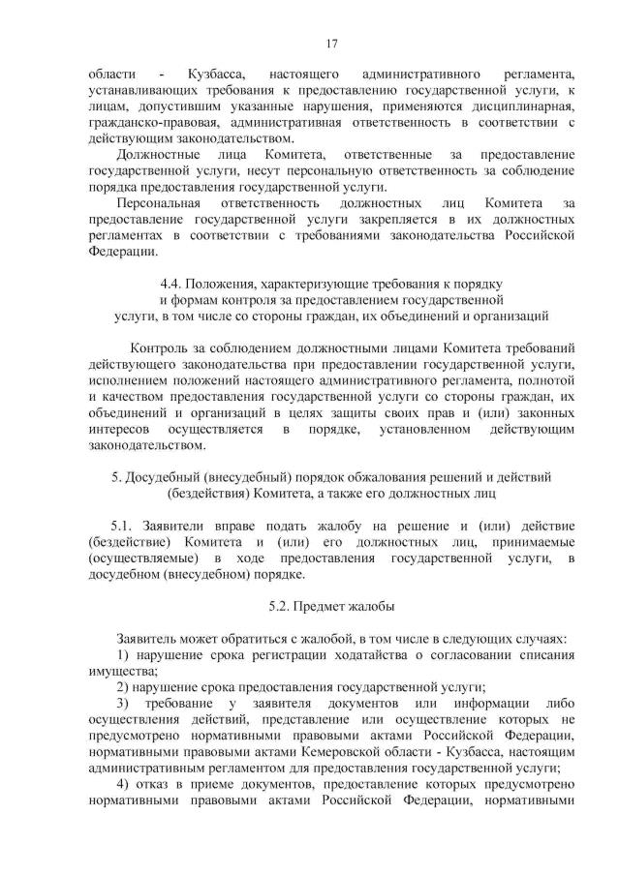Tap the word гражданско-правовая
point(152,124)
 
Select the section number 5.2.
point(281,606)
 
